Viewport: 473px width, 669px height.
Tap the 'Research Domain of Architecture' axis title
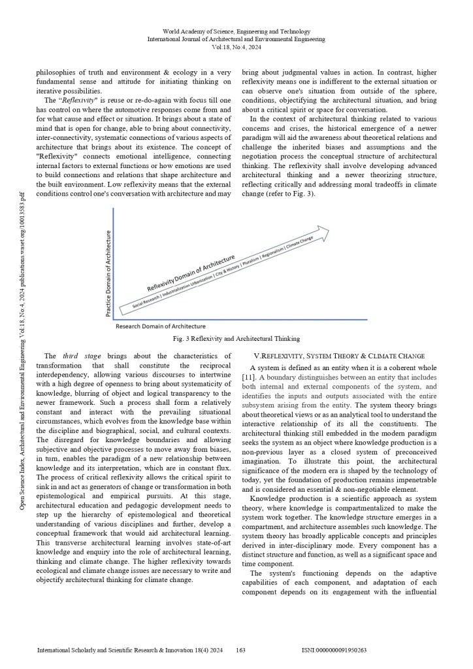(x=161, y=326)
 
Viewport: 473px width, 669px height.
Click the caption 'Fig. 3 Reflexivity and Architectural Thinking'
(x=236, y=339)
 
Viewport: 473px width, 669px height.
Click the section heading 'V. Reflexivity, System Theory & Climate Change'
(x=338, y=355)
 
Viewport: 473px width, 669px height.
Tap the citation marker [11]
(x=249, y=377)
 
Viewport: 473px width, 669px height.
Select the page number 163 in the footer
(x=240, y=651)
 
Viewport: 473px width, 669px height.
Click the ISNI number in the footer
(x=334, y=651)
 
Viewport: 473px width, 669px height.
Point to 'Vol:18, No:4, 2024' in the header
(x=236, y=47)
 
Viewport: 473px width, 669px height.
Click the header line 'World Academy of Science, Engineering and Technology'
(x=236, y=31)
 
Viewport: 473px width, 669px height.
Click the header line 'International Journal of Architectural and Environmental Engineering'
(x=236, y=39)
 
